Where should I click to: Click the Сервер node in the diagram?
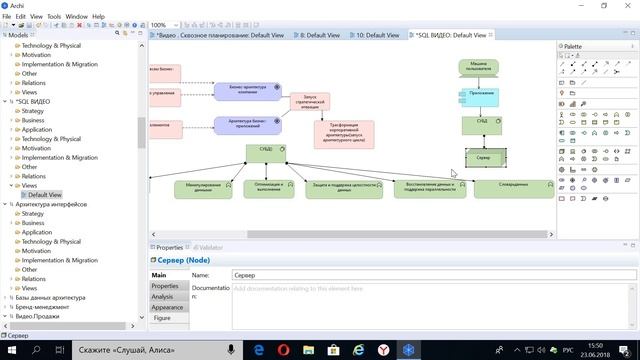point(485,158)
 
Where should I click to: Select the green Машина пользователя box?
point(479,67)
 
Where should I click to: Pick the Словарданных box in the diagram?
point(512,189)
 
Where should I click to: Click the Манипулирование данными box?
point(203,189)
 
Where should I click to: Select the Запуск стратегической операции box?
point(311,102)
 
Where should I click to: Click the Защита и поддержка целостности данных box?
point(343,189)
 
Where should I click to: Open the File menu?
point(8,17)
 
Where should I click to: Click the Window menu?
point(76,17)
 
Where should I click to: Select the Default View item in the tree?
point(44,195)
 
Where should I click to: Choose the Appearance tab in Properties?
point(167,308)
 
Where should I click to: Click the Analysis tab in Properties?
point(162,297)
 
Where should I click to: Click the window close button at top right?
point(627,5)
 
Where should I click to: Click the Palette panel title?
point(574,46)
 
